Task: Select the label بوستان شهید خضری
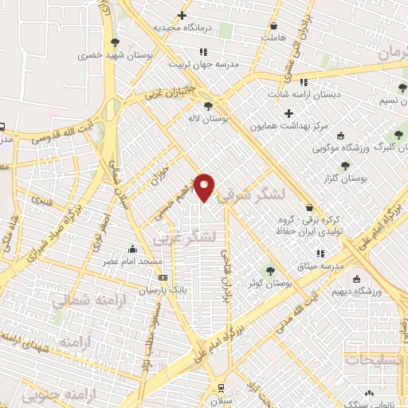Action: [x=112, y=57]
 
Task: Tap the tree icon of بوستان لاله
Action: [x=207, y=105]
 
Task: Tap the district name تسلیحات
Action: [x=375, y=360]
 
